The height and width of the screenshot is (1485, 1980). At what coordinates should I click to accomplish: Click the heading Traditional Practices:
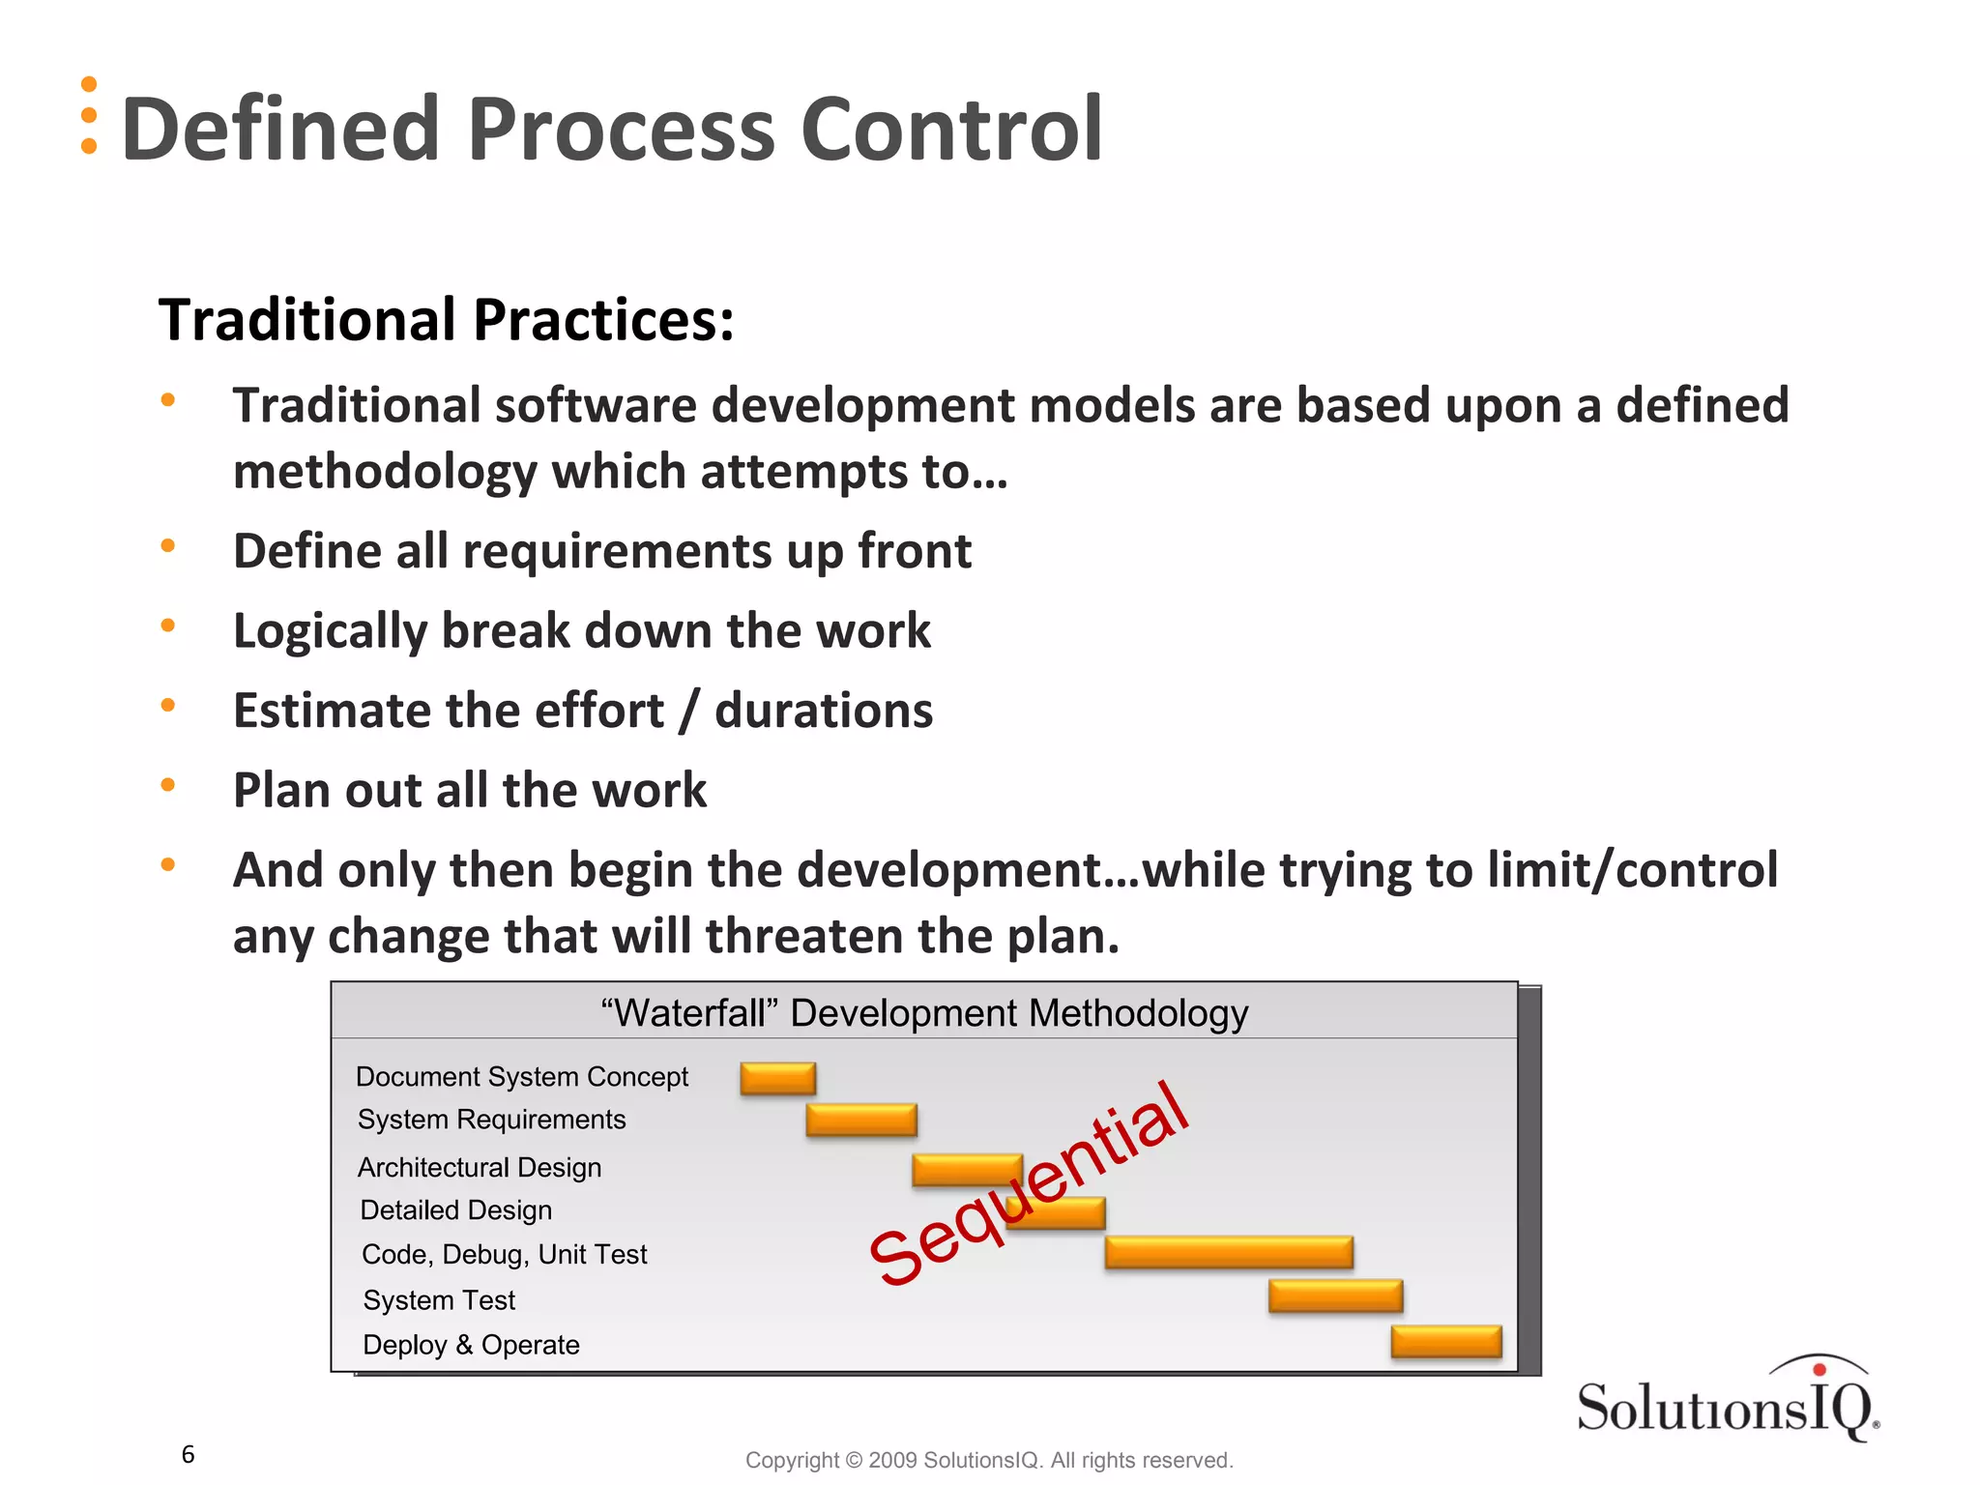coord(446,320)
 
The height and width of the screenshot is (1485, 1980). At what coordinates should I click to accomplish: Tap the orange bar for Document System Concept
coord(777,1078)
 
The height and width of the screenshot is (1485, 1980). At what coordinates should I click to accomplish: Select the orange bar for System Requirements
coord(860,1120)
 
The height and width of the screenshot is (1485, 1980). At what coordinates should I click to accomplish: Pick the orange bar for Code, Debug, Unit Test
coord(1228,1252)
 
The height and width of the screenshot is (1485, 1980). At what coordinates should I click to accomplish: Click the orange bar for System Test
coord(1335,1296)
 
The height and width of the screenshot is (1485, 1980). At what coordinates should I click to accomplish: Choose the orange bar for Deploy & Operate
coord(1445,1341)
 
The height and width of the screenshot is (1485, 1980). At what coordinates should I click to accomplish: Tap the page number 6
coord(189,1454)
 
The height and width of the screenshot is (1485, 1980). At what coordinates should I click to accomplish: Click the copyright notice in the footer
coord(988,1460)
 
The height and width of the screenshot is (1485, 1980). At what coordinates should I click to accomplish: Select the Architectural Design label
coord(480,1168)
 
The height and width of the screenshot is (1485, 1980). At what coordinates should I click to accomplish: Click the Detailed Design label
coord(455,1210)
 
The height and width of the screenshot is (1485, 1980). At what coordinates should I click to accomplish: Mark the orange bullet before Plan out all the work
coord(168,785)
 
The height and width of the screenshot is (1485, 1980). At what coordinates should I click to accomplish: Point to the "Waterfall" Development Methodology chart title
coord(923,1013)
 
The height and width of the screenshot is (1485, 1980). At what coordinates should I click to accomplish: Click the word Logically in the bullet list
coord(329,631)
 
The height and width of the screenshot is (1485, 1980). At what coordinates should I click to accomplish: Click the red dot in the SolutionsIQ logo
coord(1819,1369)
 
